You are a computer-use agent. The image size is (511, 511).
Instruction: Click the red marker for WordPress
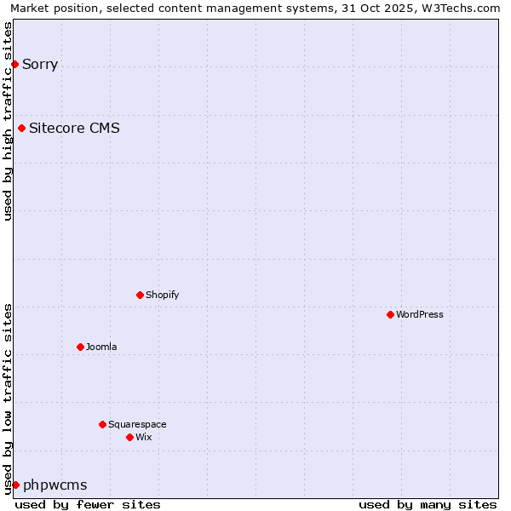pos(390,314)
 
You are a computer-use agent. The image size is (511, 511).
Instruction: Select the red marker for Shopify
pos(140,295)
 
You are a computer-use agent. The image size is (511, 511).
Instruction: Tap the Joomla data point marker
pos(80,347)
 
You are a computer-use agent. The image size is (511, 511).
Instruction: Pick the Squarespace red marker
pos(102,424)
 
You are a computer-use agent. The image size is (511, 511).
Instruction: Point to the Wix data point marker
pos(129,437)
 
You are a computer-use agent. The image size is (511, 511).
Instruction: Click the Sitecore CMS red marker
pos(21,129)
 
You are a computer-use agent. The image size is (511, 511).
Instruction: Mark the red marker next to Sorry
pos(14,64)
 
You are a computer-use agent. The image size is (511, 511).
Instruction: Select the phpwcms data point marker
pos(15,485)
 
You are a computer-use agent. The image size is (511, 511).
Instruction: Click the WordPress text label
pos(419,314)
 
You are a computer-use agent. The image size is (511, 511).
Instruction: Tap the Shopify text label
pos(162,295)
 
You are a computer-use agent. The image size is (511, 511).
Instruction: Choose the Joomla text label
pos(101,347)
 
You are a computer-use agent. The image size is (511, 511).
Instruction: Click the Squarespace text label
pos(137,424)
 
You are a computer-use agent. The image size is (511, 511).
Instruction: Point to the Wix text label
pos(143,437)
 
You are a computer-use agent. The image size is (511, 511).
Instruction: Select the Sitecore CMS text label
pos(74,129)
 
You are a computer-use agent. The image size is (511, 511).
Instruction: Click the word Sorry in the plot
pos(40,64)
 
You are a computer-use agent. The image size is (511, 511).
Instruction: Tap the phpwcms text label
pos(55,485)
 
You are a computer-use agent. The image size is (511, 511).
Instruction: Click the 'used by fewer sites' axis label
pos(88,504)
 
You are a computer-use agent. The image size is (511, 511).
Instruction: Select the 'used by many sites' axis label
pos(428,504)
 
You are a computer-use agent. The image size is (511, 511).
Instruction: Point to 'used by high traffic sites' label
pos(8,121)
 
